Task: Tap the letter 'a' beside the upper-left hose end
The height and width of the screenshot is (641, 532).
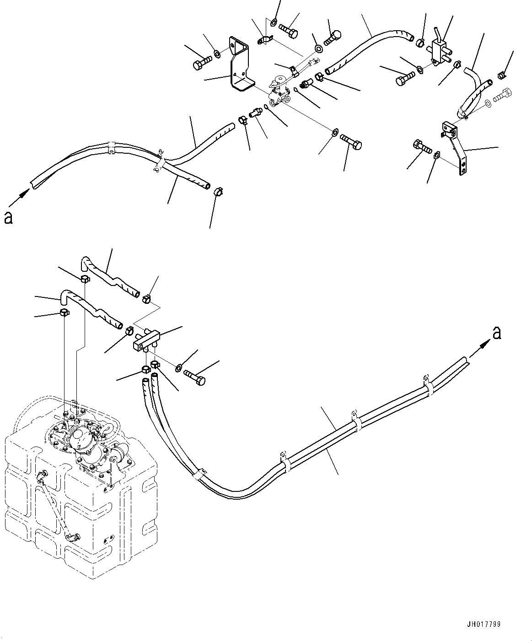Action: [8, 218]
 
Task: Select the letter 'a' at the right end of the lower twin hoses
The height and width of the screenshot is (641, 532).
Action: [497, 334]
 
